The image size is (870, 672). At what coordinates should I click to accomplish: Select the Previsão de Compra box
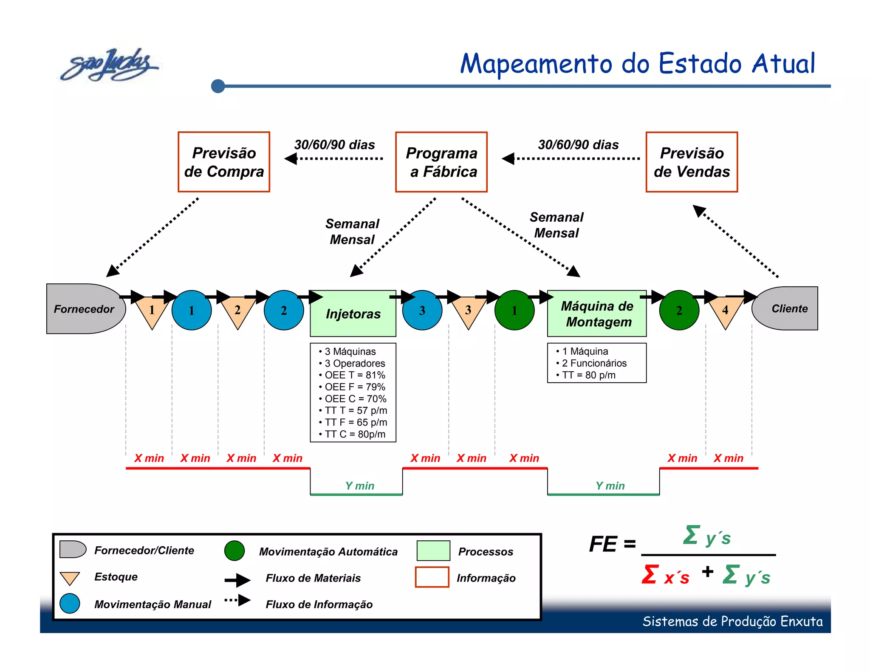click(224, 162)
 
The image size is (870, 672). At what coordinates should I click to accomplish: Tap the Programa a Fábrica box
click(441, 162)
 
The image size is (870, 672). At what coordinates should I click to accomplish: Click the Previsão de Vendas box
click(692, 162)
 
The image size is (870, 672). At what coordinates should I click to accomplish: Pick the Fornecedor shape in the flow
click(84, 309)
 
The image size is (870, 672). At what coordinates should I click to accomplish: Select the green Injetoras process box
click(353, 313)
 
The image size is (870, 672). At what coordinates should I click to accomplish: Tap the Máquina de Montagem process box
click(597, 313)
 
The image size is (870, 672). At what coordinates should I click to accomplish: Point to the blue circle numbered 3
click(422, 311)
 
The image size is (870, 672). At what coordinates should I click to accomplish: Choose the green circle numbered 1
click(514, 311)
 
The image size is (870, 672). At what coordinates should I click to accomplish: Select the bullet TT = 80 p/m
click(588, 375)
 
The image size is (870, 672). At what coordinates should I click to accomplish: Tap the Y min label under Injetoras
click(359, 486)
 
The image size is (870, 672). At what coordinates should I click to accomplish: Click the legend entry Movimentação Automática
click(328, 551)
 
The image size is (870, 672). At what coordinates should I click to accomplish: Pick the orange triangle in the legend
click(70, 578)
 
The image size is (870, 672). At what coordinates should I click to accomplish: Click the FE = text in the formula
click(612, 544)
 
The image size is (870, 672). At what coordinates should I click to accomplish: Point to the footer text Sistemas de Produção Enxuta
click(732, 621)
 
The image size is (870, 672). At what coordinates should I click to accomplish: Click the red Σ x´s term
click(665, 575)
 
